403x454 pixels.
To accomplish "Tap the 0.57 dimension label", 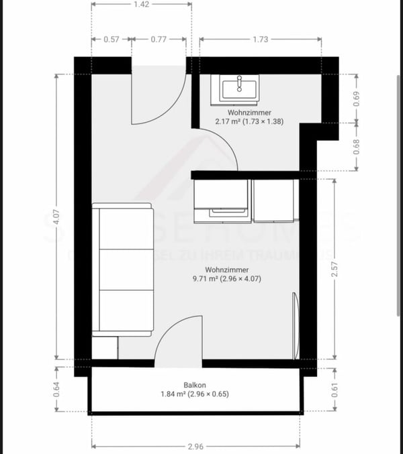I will pos(111,40).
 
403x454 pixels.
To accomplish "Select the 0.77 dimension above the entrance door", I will pos(158,40).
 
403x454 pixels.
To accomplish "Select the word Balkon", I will pos(195,385).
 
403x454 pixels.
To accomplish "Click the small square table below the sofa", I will pos(104,347).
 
